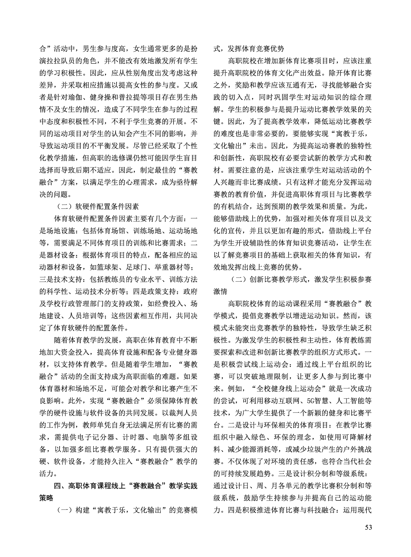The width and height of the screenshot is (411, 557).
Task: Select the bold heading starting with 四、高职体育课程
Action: [x=126, y=486]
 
